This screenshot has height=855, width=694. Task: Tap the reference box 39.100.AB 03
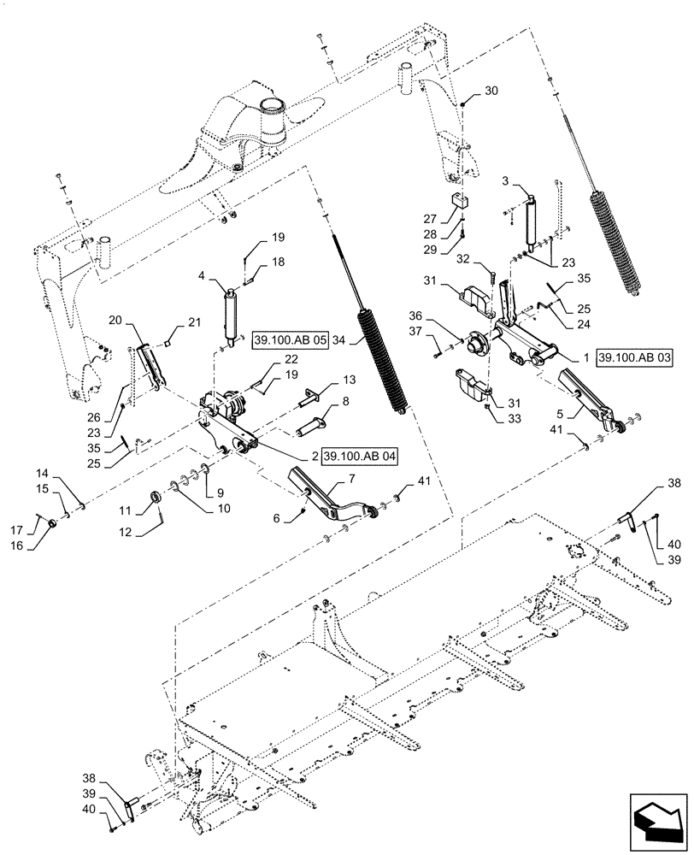click(x=636, y=357)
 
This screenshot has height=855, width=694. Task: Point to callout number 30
click(x=491, y=91)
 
